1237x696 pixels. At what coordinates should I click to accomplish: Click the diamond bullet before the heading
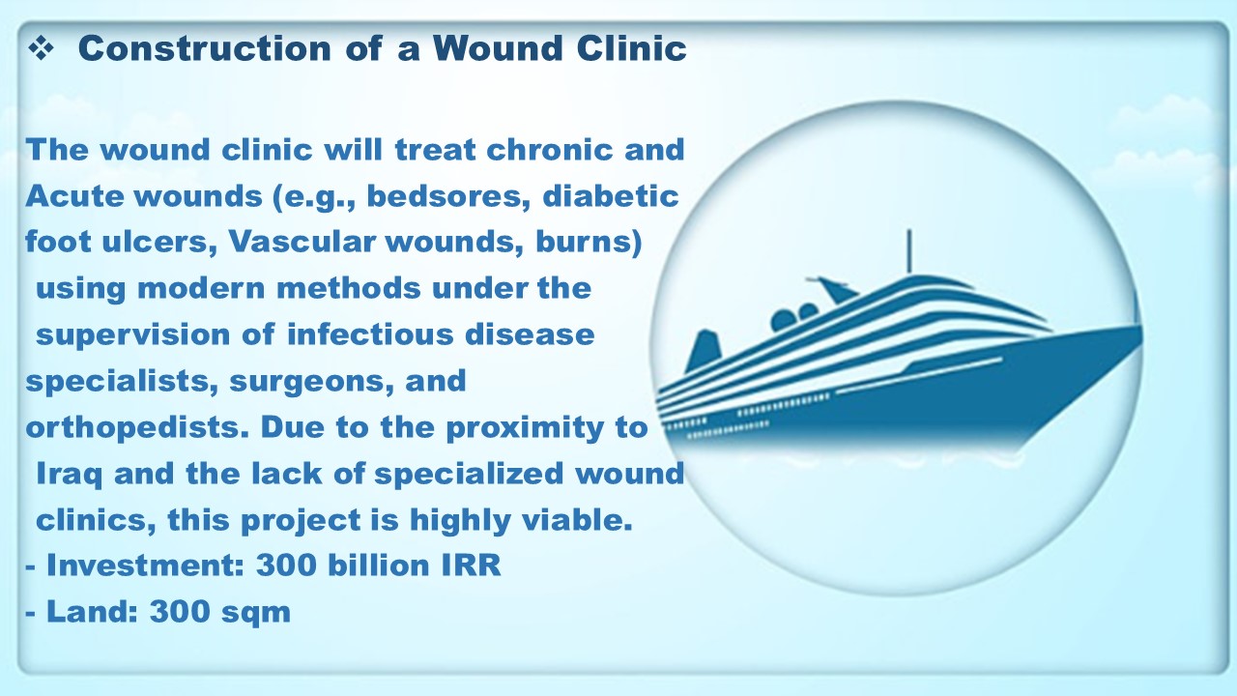point(41,48)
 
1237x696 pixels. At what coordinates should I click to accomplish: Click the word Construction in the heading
point(205,48)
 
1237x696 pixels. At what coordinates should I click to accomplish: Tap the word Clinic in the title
point(632,48)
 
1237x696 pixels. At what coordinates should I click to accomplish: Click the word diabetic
point(611,196)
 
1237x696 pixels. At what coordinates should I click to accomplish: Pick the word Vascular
point(302,242)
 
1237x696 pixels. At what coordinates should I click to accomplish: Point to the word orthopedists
point(137,427)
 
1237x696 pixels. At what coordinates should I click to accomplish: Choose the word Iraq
point(69,475)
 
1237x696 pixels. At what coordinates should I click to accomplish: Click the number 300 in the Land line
point(180,612)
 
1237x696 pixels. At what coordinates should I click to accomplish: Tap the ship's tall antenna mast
point(909,251)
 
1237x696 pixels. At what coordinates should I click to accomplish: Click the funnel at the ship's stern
point(703,351)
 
